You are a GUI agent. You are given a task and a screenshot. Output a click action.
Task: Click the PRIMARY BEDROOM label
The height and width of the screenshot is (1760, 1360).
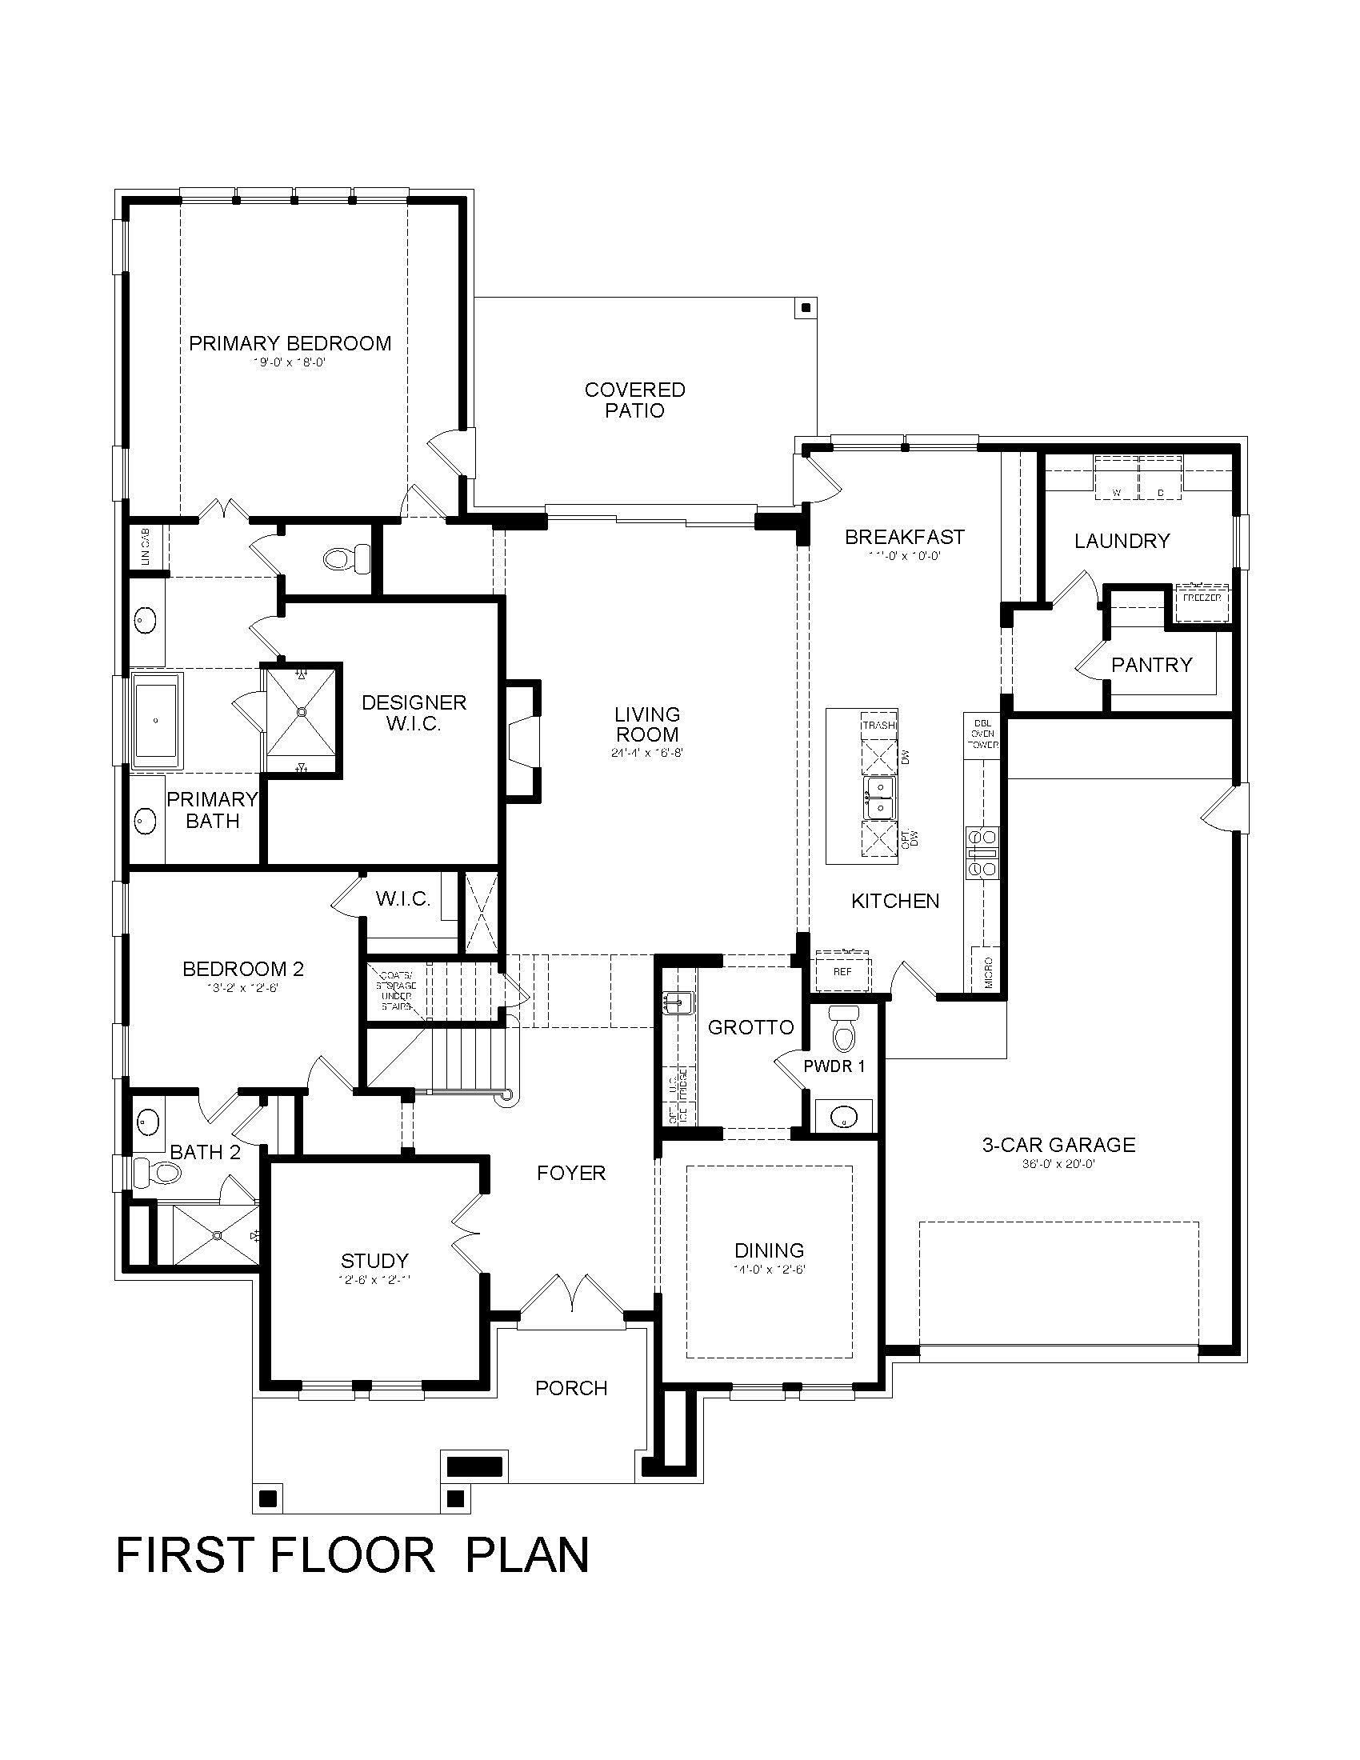(290, 343)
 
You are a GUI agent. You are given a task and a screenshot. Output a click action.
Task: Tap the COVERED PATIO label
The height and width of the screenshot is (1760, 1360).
(635, 401)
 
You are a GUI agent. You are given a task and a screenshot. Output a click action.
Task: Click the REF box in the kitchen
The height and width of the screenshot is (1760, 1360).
(842, 972)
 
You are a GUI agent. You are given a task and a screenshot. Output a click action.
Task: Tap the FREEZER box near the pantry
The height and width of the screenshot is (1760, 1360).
(1202, 598)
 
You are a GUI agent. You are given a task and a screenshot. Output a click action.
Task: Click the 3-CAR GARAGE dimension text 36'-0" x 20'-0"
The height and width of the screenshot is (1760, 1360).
(1058, 1164)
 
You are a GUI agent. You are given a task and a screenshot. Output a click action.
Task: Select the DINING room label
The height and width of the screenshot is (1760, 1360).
(769, 1250)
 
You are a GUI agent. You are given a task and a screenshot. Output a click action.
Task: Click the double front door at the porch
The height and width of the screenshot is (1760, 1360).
(570, 1295)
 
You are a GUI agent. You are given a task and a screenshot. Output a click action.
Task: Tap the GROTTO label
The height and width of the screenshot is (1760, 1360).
(750, 1027)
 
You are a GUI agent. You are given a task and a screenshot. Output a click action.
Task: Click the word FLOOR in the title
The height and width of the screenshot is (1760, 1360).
(352, 1554)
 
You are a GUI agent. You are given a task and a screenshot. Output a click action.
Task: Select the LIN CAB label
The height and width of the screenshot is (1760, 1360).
(146, 547)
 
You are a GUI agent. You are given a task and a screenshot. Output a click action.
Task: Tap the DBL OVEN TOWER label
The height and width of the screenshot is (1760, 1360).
(982, 734)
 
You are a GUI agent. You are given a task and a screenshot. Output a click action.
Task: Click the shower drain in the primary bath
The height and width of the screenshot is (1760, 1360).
(302, 711)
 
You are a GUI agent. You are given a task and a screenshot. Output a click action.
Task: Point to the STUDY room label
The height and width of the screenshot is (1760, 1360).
(374, 1260)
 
